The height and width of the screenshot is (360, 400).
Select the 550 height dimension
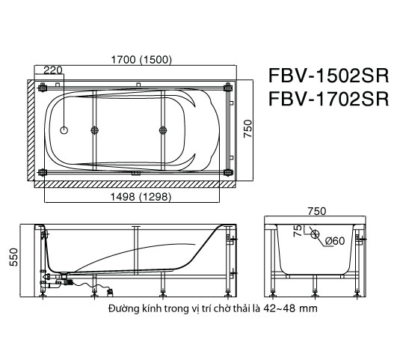pyautogui.click(x=13, y=259)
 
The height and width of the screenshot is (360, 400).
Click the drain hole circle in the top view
pyautogui.click(x=64, y=130)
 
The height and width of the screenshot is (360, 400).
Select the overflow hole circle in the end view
pyautogui.click(x=315, y=233)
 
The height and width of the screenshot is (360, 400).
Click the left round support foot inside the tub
pyautogui.click(x=94, y=130)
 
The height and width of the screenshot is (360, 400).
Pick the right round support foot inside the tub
pyautogui.click(x=161, y=130)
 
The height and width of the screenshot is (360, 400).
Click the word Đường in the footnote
pyautogui.click(x=123, y=308)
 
